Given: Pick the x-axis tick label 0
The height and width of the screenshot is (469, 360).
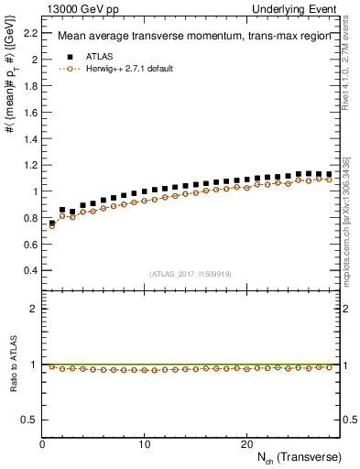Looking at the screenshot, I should [43, 444].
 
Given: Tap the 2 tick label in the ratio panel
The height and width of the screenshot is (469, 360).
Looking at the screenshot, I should [33, 309].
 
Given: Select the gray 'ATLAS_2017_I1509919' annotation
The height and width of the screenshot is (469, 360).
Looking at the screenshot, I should [191, 274].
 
